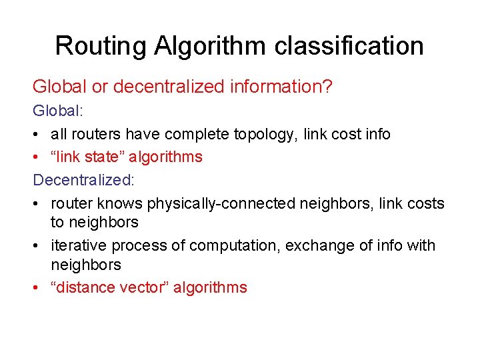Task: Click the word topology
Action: (x=265, y=134)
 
